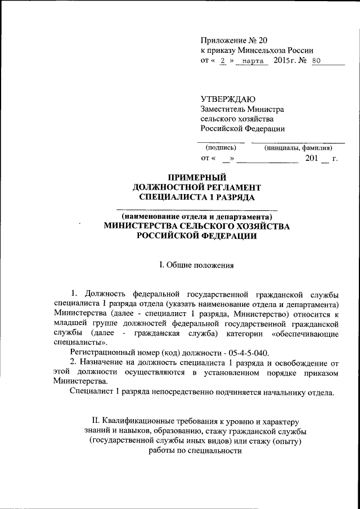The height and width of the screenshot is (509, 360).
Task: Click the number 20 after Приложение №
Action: [264, 40]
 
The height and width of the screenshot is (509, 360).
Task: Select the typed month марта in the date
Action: [253, 61]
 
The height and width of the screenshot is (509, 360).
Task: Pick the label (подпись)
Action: [220, 148]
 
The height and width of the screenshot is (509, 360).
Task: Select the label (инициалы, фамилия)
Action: [302, 148]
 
